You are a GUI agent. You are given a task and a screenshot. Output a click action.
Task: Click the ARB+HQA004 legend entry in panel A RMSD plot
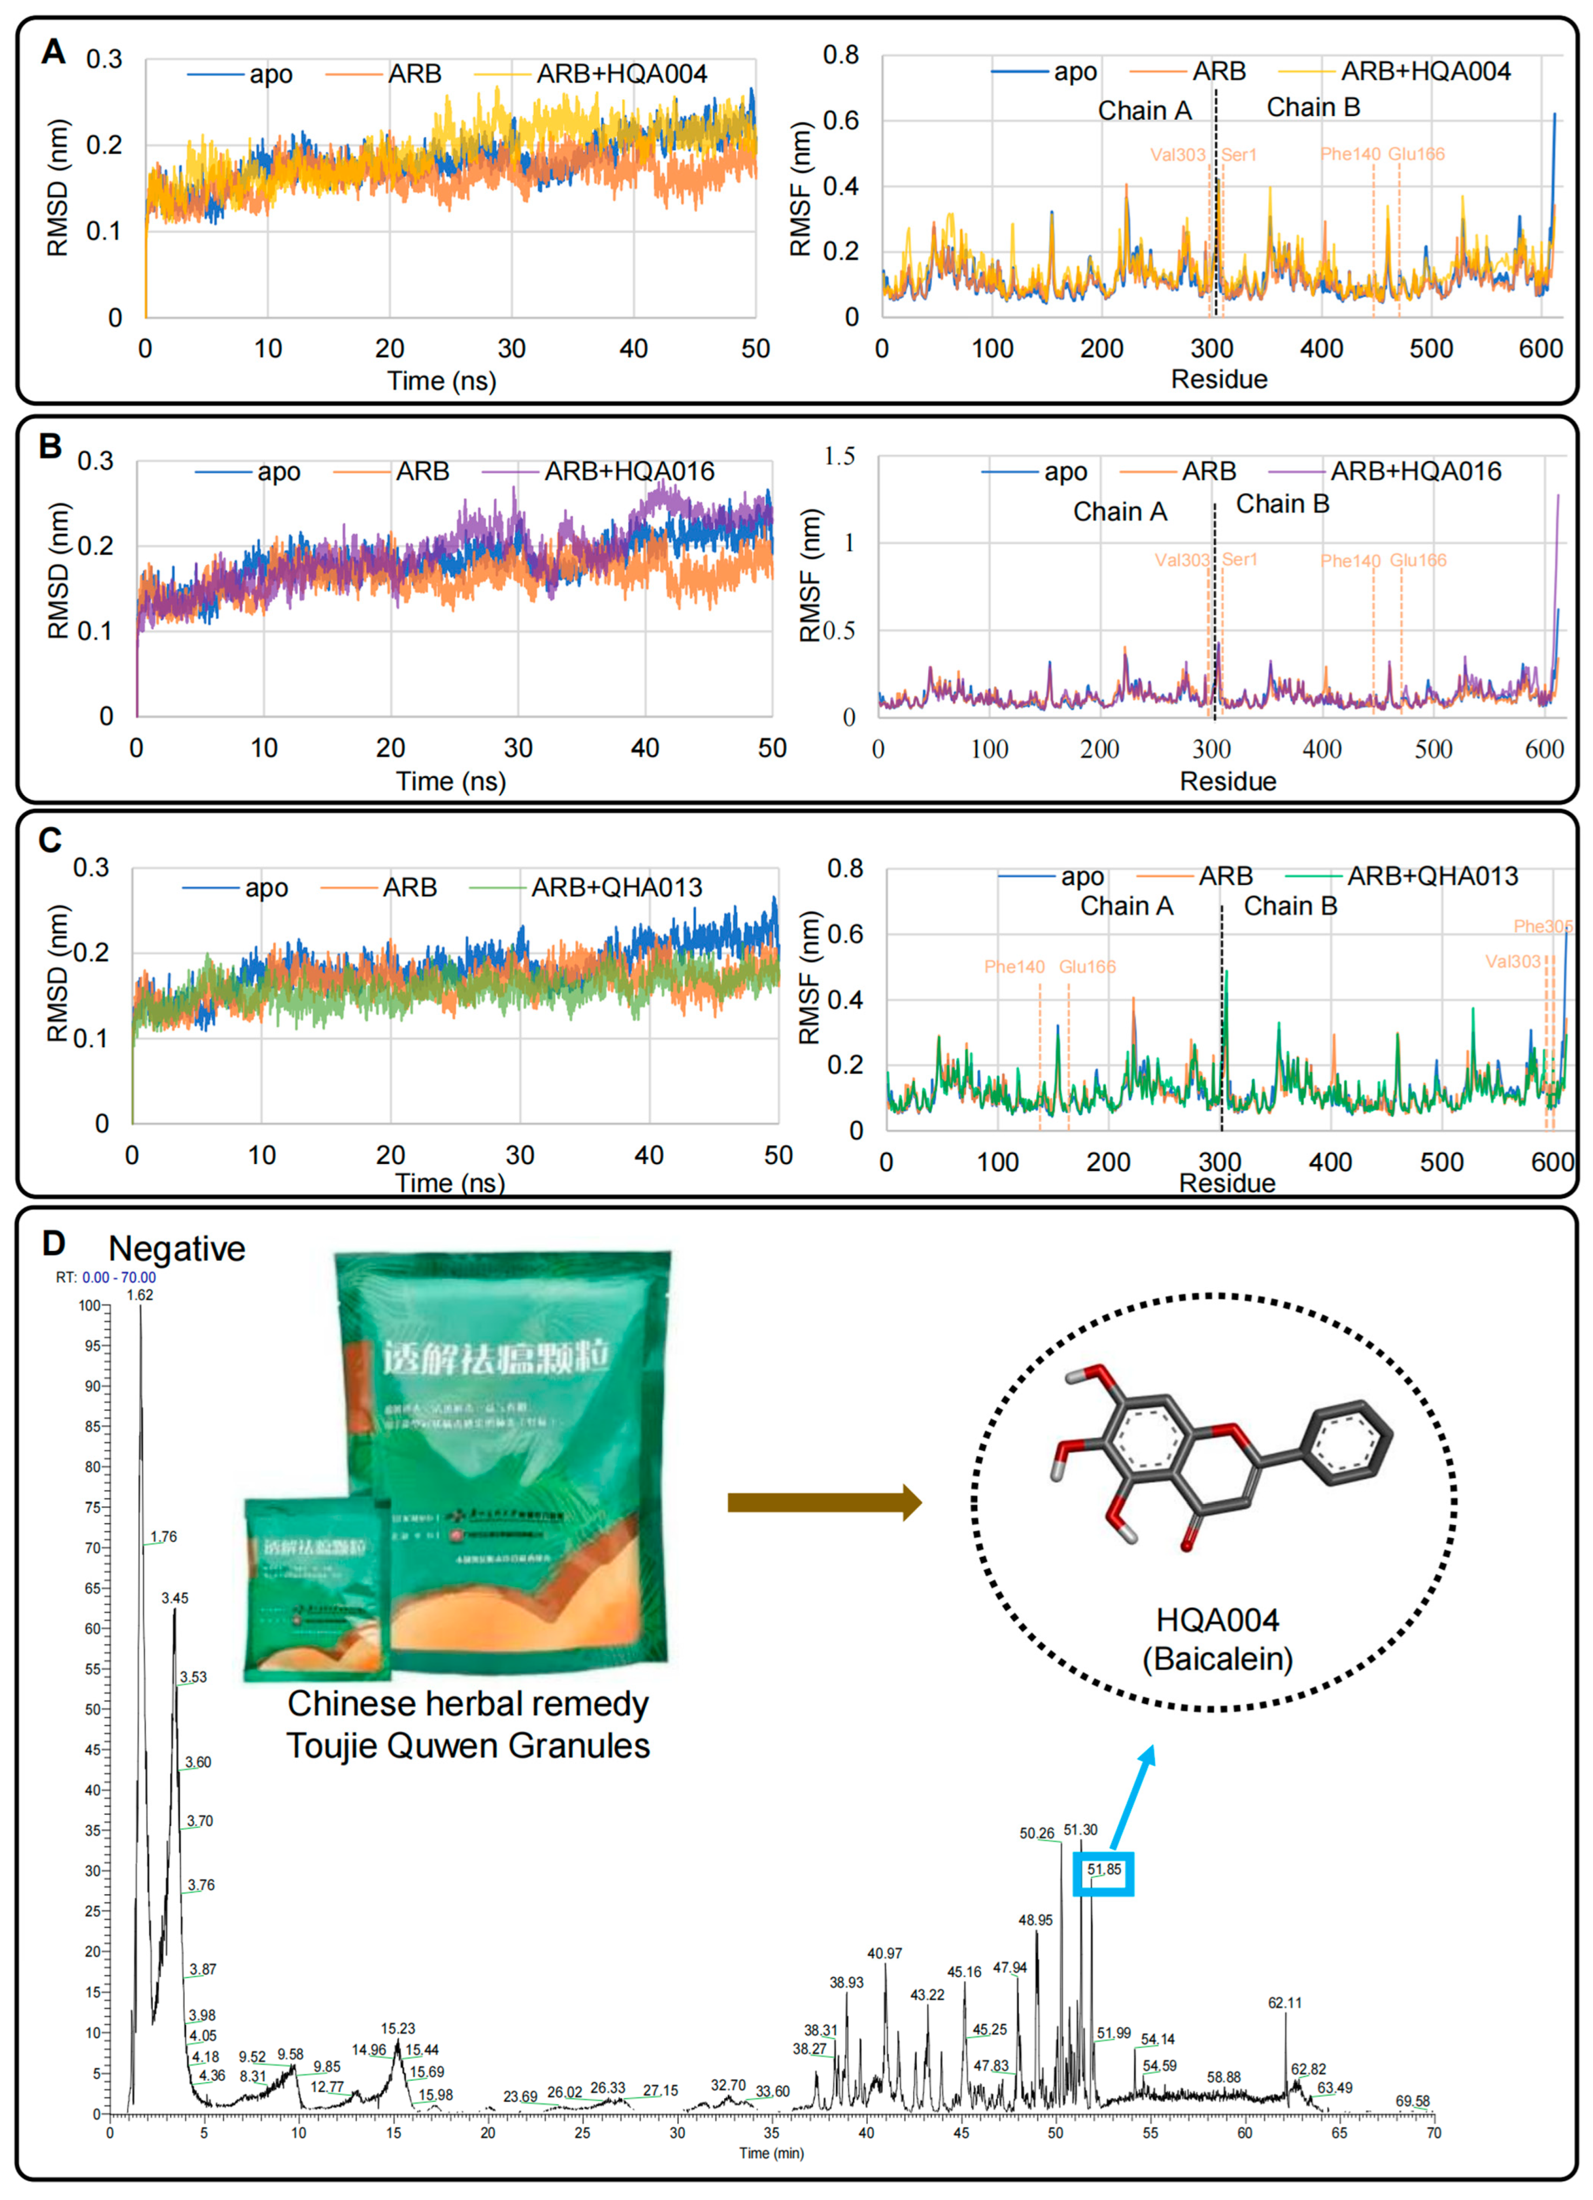(x=621, y=74)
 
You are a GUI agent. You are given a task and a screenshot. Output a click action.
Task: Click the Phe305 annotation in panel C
(x=1543, y=926)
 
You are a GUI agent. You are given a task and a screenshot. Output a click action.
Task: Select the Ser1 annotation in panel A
(x=1239, y=154)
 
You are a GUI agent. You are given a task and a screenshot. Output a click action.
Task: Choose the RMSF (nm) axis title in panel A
(x=800, y=189)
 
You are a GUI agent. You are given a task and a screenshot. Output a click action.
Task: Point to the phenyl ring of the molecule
(x=1351, y=1443)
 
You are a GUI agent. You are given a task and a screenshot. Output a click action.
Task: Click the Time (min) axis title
(x=771, y=2153)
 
